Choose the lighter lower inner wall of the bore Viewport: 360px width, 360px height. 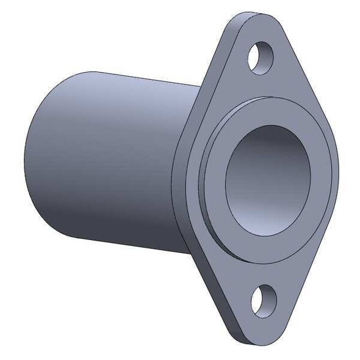click(x=268, y=207)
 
